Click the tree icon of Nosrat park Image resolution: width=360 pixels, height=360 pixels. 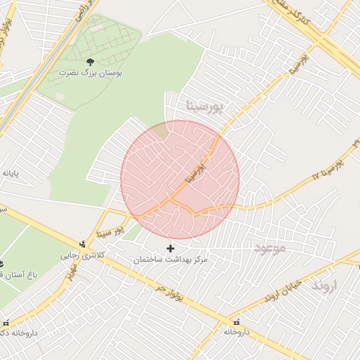pos(89,62)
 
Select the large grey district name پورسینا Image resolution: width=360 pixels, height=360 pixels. pos(205,106)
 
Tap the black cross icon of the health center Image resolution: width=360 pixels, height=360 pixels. pos(170,248)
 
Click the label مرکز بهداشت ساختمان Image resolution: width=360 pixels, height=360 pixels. pos(172,259)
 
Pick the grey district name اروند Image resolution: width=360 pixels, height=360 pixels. pos(326,285)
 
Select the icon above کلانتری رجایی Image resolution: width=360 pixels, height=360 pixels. pos(84,245)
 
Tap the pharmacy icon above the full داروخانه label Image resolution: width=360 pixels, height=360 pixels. pos(236,321)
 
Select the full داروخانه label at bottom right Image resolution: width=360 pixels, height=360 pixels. pos(236,331)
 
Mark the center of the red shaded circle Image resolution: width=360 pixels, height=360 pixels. pos(180,179)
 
